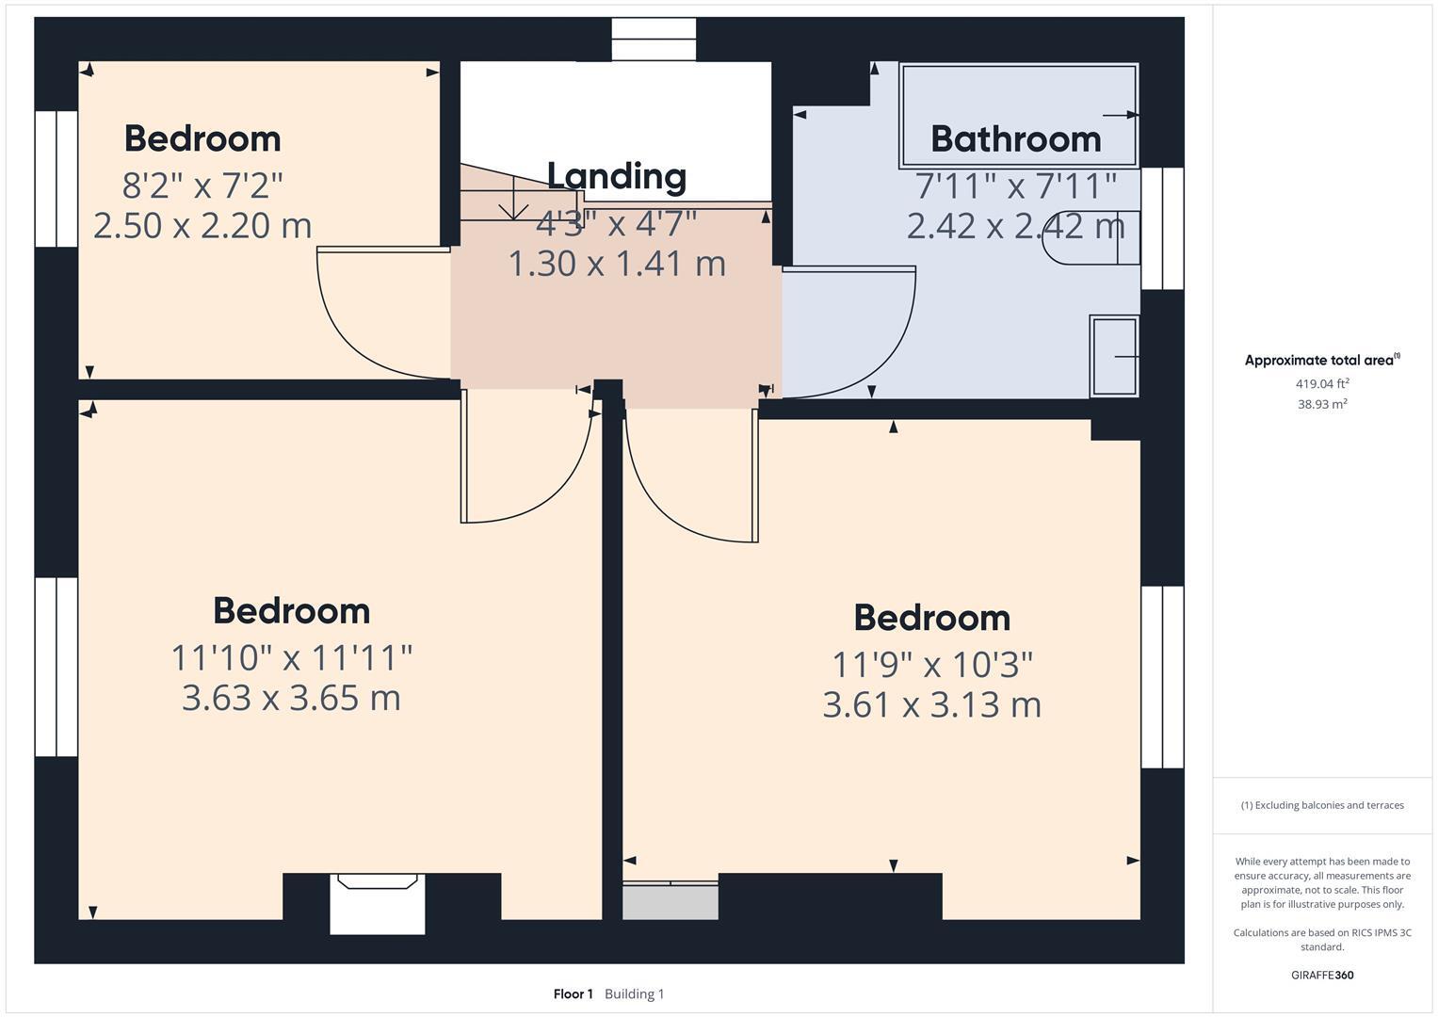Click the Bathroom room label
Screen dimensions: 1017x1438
coord(1015,139)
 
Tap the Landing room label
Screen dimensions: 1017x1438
coord(616,176)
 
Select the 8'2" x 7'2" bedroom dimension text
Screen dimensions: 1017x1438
coord(202,186)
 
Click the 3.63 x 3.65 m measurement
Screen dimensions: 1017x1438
coord(291,698)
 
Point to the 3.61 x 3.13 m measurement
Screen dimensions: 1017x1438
coord(931,704)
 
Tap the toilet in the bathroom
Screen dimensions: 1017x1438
coord(1092,237)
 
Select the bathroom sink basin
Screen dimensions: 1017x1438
coord(1114,356)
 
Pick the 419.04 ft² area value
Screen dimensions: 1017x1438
coord(1321,383)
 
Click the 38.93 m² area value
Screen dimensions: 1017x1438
coord(1321,404)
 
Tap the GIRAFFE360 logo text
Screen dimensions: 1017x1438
coord(1321,975)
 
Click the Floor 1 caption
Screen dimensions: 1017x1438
coord(573,993)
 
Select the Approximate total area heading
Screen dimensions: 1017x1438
coord(1321,360)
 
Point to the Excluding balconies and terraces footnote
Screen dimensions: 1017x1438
coord(1321,805)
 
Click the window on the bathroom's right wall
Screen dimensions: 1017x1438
coord(1162,229)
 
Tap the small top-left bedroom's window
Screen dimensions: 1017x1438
coord(57,179)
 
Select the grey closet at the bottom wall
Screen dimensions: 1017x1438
coord(670,901)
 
